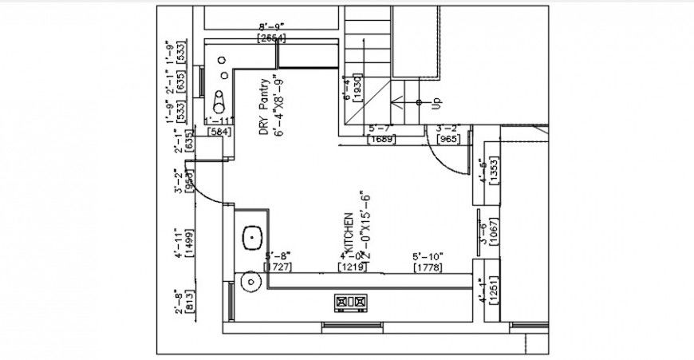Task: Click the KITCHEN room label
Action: tap(348, 230)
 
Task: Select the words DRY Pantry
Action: tap(263, 109)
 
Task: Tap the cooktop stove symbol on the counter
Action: tap(351, 302)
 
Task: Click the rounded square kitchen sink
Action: tap(253, 237)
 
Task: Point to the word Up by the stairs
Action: tap(436, 103)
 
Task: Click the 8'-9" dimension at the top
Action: tap(271, 26)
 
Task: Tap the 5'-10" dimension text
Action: tap(428, 256)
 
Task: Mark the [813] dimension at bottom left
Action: tap(189, 301)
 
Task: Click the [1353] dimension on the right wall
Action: tap(494, 170)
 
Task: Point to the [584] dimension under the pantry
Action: tap(219, 131)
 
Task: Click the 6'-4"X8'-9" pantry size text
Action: tap(279, 108)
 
